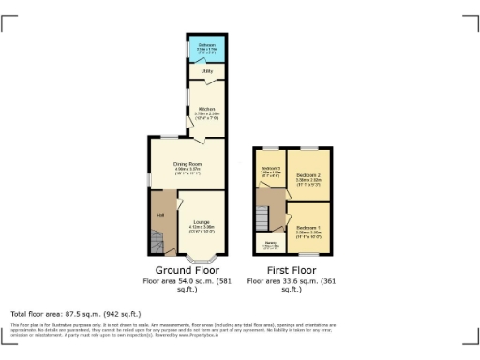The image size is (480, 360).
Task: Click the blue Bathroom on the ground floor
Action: point(204,49)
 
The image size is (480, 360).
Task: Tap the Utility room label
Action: point(204,70)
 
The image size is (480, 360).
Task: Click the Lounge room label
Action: point(201,223)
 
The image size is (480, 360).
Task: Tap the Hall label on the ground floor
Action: point(161,217)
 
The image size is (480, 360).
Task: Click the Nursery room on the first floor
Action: point(270,246)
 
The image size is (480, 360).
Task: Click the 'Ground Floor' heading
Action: point(187,269)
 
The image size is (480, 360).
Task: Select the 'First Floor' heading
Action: point(290,269)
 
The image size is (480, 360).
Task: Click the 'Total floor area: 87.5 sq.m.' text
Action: point(75,313)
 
